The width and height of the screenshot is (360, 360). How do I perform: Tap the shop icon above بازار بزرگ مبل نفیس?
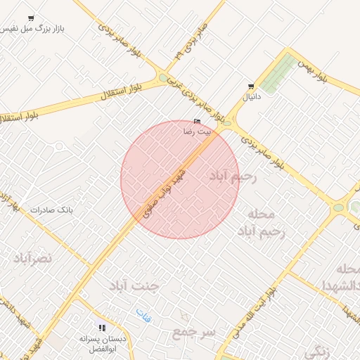click(30, 18)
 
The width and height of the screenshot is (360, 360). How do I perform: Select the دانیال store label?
click(251, 98)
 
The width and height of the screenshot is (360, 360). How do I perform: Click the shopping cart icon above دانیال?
click(250, 86)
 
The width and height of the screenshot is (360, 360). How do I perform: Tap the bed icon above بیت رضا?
click(196, 121)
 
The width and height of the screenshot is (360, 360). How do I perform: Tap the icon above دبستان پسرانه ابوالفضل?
click(103, 327)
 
